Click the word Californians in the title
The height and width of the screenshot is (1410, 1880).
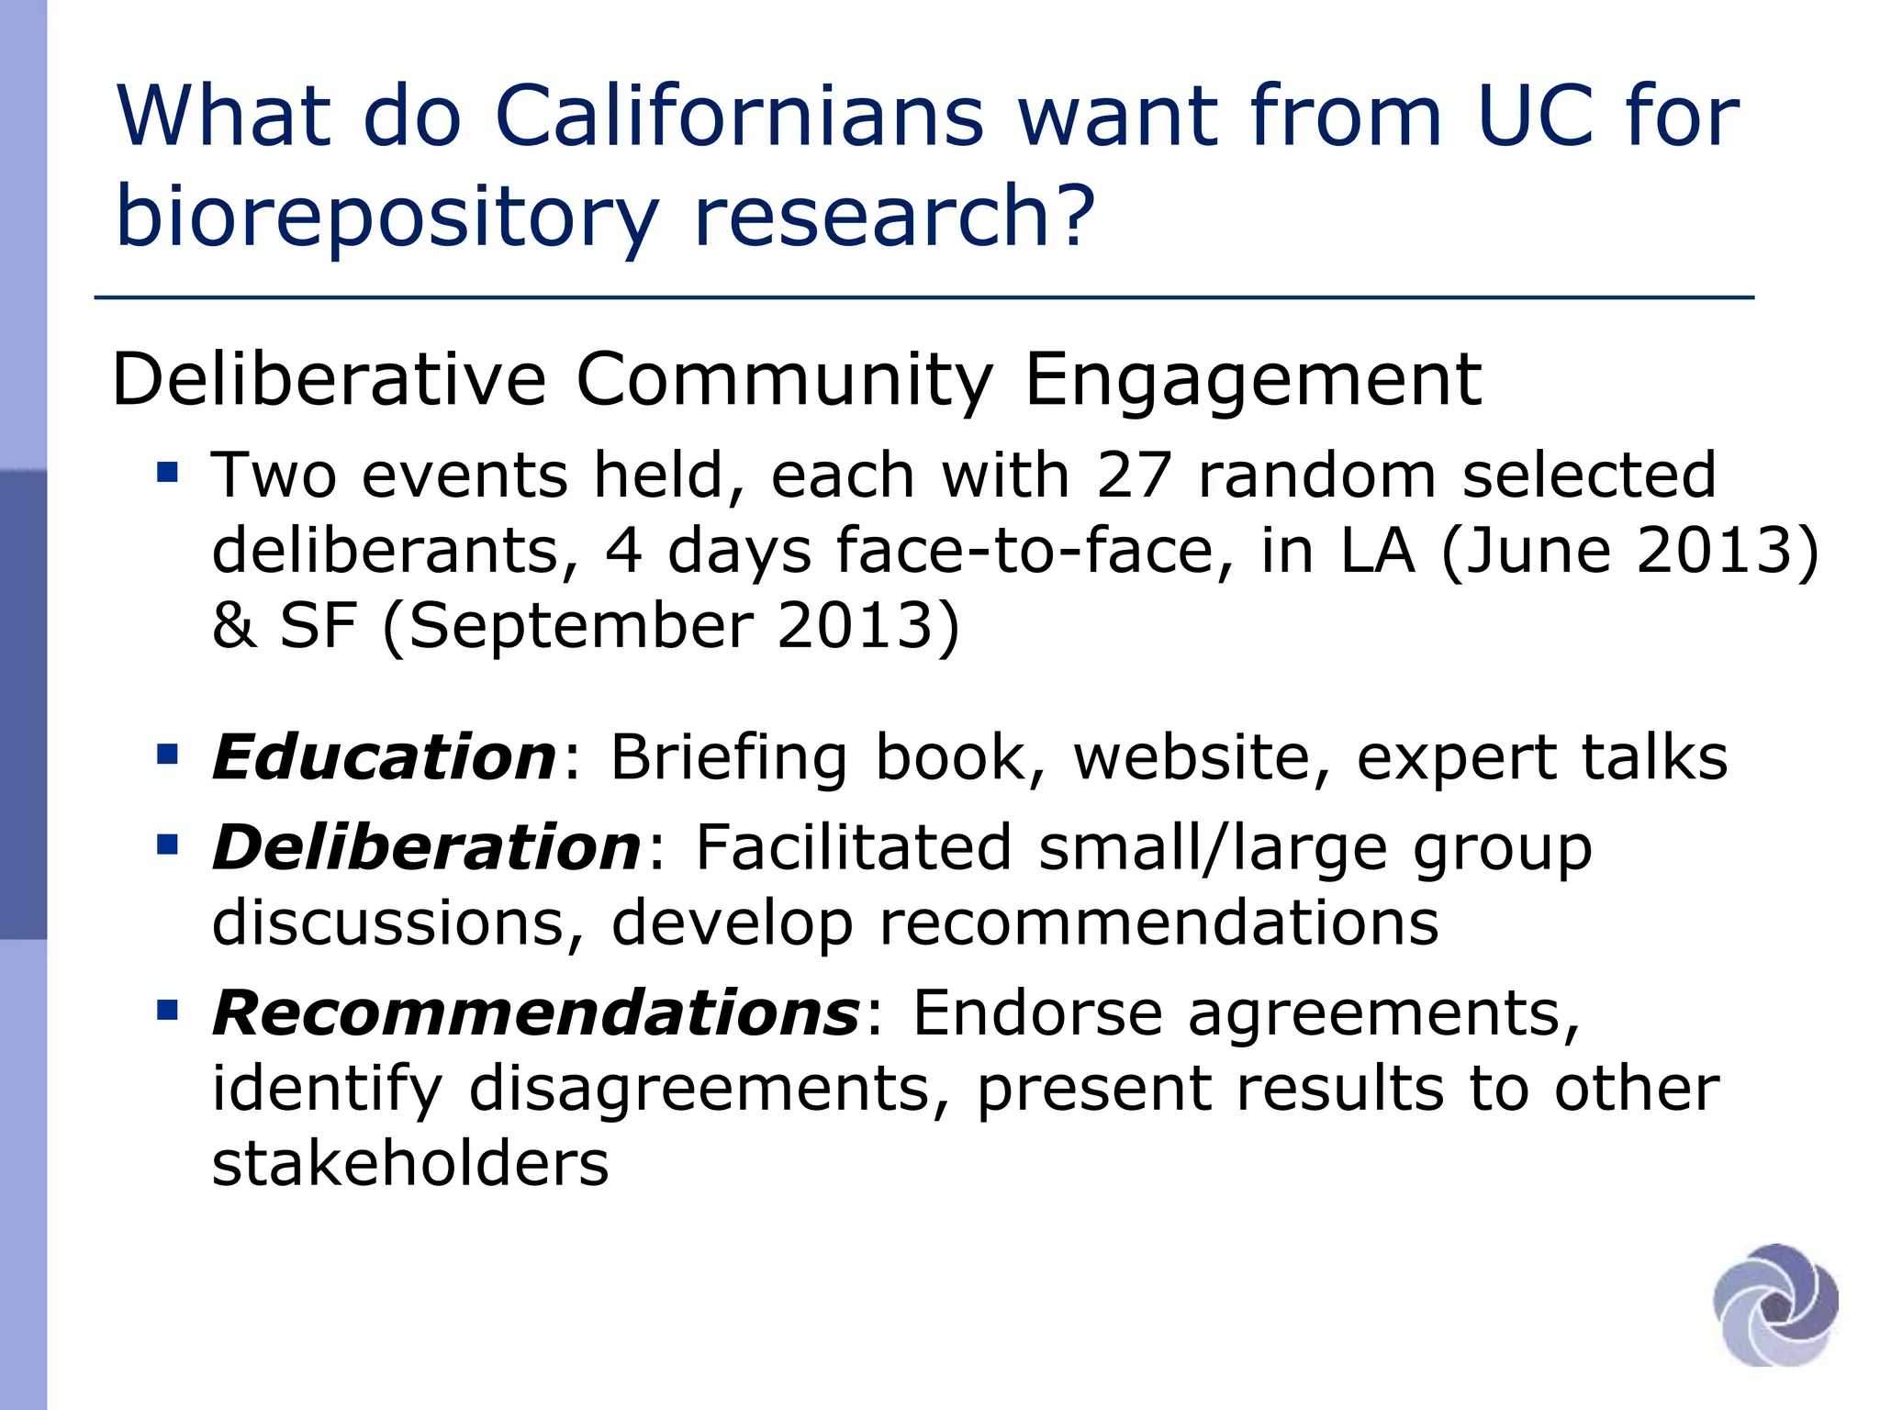(x=739, y=117)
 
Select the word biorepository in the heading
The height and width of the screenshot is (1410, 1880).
(x=386, y=217)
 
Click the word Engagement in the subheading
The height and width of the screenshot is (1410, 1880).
(x=1252, y=380)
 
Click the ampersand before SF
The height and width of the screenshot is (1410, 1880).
(x=234, y=627)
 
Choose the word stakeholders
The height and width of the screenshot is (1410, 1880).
(x=410, y=1164)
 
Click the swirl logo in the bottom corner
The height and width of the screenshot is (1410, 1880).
(x=1775, y=1304)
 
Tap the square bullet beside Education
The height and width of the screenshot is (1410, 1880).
(x=167, y=755)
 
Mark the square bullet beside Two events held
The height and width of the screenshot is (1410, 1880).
(x=167, y=474)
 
